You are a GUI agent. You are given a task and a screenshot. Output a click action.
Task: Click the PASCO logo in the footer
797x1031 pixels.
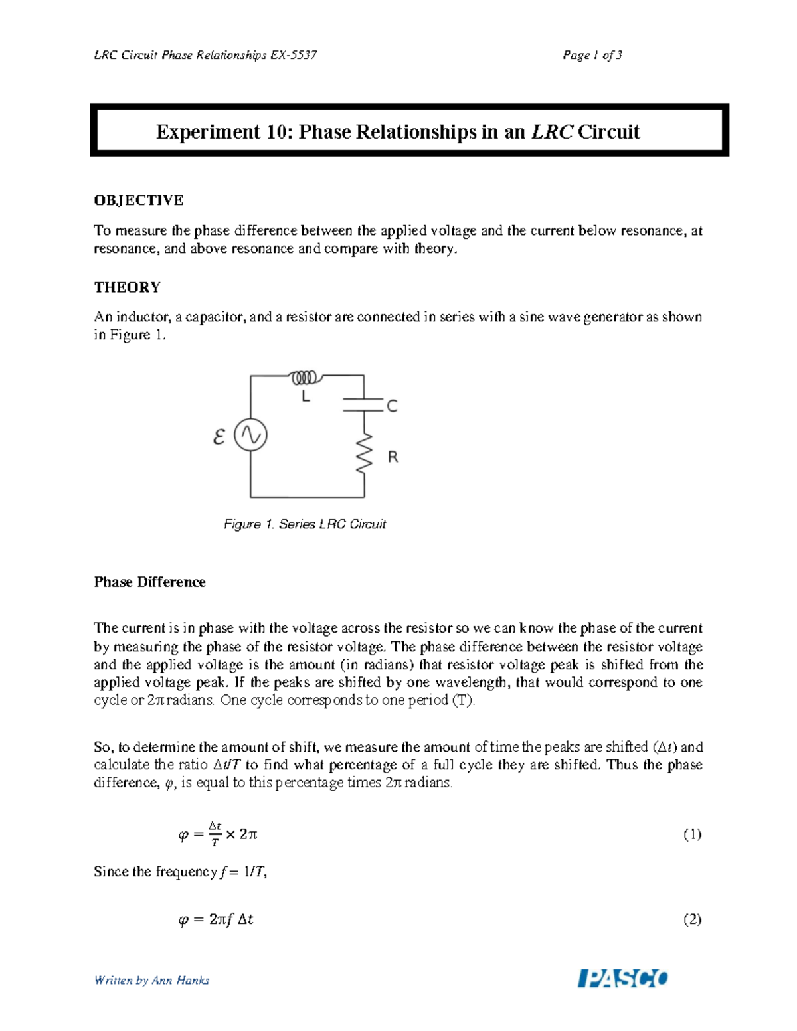coord(623,978)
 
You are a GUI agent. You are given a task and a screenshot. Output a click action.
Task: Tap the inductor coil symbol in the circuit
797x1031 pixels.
coord(306,378)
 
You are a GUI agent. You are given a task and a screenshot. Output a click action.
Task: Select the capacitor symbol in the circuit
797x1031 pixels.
coord(363,404)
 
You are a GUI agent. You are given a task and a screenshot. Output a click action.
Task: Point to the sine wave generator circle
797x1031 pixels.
coord(251,436)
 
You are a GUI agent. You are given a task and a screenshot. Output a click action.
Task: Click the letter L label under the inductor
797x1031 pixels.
coord(306,397)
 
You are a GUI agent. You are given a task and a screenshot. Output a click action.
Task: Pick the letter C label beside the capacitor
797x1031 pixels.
coord(392,406)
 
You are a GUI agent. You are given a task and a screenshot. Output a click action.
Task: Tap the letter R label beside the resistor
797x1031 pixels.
coord(393,457)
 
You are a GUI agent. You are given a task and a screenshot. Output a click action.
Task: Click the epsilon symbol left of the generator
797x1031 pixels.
coord(219,437)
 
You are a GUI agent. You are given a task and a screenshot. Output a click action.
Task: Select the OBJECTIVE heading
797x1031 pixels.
coord(138,200)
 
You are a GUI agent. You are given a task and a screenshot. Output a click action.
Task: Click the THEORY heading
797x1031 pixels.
coord(127,287)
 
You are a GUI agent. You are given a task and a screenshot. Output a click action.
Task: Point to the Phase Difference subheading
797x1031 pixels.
coord(149,582)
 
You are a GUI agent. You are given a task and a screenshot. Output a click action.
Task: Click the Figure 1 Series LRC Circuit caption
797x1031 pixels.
coord(305,524)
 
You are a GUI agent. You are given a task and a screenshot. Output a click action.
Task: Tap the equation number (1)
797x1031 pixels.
coord(692,834)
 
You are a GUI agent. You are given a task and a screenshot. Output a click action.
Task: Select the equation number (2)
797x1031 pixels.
coord(692,919)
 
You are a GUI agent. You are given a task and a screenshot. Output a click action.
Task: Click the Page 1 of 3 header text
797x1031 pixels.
coord(592,55)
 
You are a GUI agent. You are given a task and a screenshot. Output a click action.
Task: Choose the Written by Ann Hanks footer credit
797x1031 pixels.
coord(151,980)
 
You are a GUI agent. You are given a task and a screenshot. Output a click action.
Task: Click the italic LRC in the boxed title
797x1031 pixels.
coord(551,131)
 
